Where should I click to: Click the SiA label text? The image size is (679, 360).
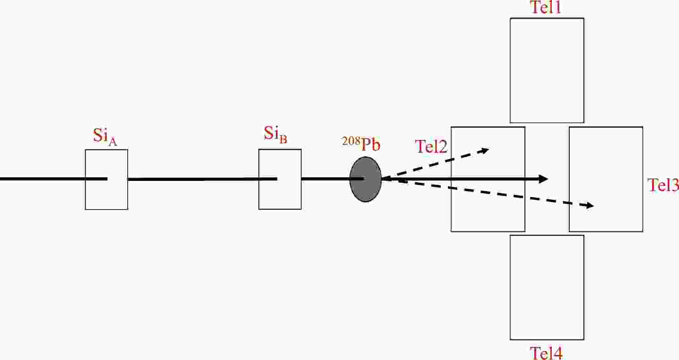(x=105, y=137)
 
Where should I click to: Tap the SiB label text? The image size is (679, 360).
(x=275, y=134)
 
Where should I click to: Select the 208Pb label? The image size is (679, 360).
(x=361, y=144)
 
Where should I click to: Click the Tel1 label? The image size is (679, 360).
(x=546, y=7)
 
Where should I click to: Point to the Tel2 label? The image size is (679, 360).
(x=431, y=146)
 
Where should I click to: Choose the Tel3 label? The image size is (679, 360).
(x=663, y=185)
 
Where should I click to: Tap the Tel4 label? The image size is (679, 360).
(x=546, y=353)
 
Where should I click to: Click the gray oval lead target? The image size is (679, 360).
(x=365, y=179)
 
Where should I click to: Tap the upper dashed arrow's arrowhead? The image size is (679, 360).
(x=485, y=150)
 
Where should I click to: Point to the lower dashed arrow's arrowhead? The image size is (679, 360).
(x=589, y=206)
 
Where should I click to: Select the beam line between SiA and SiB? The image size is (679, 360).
(x=202, y=180)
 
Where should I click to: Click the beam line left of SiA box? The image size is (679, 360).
(x=43, y=179)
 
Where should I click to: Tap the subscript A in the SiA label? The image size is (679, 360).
(x=112, y=141)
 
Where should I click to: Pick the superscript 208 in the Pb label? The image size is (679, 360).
(x=351, y=141)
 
